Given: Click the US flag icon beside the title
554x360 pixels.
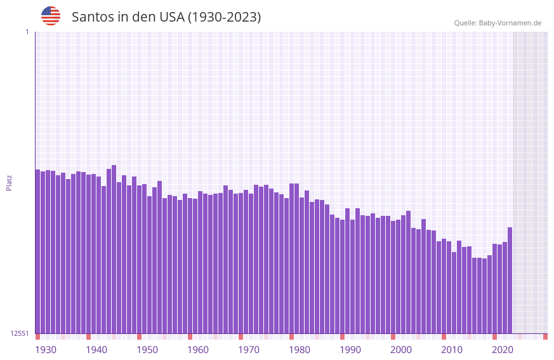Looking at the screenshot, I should [51, 16].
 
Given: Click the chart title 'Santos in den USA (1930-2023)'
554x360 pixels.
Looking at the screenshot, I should [166, 17].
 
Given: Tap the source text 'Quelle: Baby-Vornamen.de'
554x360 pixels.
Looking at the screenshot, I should [498, 23].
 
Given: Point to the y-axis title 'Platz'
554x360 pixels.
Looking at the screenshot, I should [9, 182].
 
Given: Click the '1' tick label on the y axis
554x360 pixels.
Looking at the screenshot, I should [27, 32].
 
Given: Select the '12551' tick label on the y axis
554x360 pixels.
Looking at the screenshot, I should [20, 333].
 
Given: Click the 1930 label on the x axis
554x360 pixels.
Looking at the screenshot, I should [46, 350].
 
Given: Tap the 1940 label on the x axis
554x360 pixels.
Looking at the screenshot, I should [96, 350].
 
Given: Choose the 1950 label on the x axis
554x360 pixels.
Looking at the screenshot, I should [147, 350].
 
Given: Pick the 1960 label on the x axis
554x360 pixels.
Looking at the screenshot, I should [198, 350].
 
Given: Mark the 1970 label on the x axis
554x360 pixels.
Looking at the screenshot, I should [249, 350].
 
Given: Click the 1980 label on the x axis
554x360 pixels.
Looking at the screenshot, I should [300, 350].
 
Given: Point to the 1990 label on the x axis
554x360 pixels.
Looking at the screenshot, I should [350, 350].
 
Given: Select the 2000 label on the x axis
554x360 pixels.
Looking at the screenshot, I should [401, 350].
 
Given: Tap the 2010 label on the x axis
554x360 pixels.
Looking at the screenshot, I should [452, 350].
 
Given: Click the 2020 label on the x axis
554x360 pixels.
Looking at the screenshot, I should [503, 350].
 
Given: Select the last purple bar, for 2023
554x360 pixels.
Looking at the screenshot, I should [510, 279].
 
